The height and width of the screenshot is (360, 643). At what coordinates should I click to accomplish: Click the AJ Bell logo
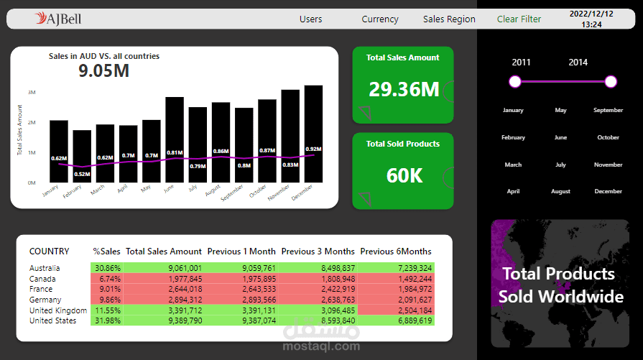pyautogui.click(x=59, y=19)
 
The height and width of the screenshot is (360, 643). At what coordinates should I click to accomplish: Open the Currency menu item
pyautogui.click(x=380, y=19)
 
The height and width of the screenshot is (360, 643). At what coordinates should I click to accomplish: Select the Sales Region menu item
pyautogui.click(x=449, y=19)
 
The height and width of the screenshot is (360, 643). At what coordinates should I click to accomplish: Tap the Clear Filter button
pyautogui.click(x=519, y=19)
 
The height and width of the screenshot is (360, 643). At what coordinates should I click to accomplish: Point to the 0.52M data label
pyautogui.click(x=82, y=174)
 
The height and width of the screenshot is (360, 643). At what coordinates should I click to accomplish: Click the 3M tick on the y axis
pyautogui.click(x=32, y=93)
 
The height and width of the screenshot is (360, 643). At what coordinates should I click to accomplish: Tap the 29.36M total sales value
pyautogui.click(x=403, y=90)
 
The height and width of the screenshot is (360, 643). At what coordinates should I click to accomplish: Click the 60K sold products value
pyautogui.click(x=403, y=175)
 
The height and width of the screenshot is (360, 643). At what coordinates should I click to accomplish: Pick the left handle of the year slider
pyautogui.click(x=515, y=82)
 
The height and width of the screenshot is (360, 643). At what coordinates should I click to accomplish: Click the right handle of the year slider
pyautogui.click(x=611, y=82)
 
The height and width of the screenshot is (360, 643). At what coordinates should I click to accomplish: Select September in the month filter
pyautogui.click(x=608, y=111)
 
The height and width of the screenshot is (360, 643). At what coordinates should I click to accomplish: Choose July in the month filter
pyautogui.click(x=561, y=165)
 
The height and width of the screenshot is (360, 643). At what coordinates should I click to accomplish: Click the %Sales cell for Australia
pyautogui.click(x=108, y=267)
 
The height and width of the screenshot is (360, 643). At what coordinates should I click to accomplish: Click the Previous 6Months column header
pyautogui.click(x=396, y=251)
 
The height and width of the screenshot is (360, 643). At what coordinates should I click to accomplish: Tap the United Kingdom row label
pyautogui.click(x=57, y=310)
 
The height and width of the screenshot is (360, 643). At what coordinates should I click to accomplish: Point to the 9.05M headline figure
pyautogui.click(x=103, y=70)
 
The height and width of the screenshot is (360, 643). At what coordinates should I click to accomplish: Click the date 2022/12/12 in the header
pyautogui.click(x=591, y=14)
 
